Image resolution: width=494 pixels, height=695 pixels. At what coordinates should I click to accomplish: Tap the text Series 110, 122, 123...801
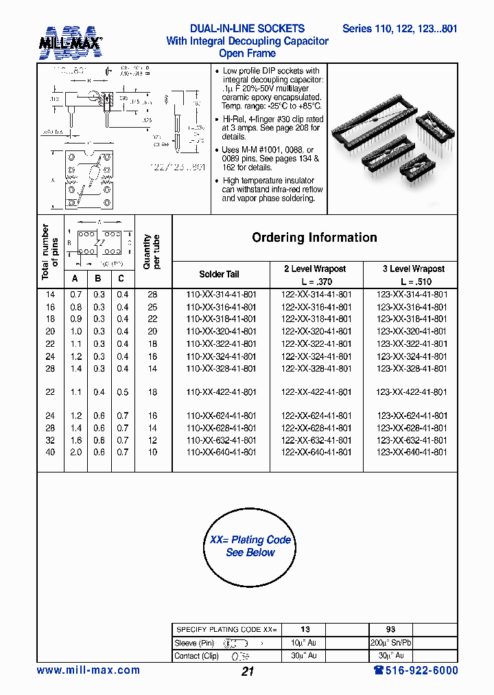tap(399, 29)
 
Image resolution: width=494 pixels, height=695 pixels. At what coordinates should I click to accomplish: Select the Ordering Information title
tap(314, 238)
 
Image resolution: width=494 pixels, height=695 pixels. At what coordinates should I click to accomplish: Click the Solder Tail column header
tap(220, 274)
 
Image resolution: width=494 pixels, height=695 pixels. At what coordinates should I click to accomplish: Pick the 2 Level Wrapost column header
tap(315, 269)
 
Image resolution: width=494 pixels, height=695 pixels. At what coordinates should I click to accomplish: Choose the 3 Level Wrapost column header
tap(413, 269)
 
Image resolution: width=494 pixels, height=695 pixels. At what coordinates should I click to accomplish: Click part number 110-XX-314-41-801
tap(222, 294)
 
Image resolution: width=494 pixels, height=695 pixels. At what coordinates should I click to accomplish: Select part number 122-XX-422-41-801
tap(316, 392)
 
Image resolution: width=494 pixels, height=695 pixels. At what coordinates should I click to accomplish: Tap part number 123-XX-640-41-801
tap(412, 453)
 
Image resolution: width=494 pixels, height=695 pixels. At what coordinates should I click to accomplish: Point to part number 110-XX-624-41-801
tap(222, 415)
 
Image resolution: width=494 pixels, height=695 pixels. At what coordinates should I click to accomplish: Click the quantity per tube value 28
tap(152, 294)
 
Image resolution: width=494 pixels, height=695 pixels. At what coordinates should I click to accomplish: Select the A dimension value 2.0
tap(76, 453)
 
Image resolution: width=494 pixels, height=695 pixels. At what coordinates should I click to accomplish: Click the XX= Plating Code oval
tap(250, 546)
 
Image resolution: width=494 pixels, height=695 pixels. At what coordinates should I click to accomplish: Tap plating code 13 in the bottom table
tap(305, 629)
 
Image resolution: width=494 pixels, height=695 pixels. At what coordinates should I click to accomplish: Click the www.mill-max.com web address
tap(88, 670)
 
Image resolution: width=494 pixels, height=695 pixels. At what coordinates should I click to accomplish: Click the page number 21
tap(248, 672)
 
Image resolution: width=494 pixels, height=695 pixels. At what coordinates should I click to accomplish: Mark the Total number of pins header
tap(50, 251)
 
